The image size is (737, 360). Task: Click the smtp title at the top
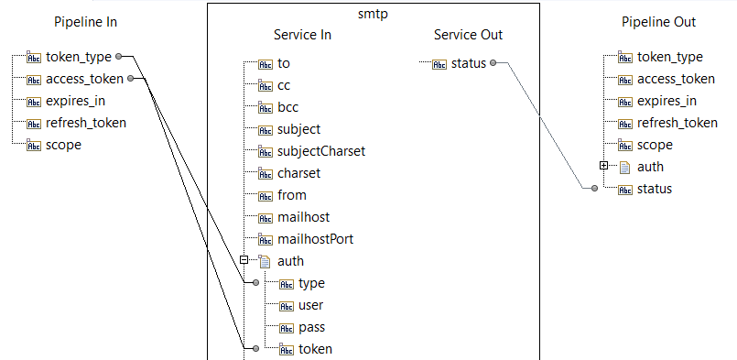click(x=373, y=16)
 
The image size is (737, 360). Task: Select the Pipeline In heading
click(x=85, y=22)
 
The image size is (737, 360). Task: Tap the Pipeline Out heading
click(x=658, y=22)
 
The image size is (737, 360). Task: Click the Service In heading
click(x=302, y=35)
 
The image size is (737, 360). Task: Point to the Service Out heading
click(x=468, y=35)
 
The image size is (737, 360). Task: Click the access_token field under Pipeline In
click(x=85, y=79)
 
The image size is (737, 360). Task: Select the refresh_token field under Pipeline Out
click(x=677, y=123)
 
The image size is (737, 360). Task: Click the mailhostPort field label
click(x=315, y=239)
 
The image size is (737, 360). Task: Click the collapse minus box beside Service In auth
click(x=244, y=260)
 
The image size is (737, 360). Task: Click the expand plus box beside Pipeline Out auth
click(x=603, y=166)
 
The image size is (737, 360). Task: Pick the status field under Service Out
click(x=469, y=63)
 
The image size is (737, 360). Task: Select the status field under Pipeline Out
click(x=654, y=189)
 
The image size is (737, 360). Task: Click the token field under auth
click(x=315, y=349)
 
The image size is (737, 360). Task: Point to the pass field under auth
click(x=311, y=327)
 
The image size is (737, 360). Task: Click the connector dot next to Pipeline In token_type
click(x=120, y=57)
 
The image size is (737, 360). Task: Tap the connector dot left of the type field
click(x=255, y=283)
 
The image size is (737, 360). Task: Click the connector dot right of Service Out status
click(x=493, y=63)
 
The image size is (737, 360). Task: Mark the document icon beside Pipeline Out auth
click(x=625, y=167)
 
